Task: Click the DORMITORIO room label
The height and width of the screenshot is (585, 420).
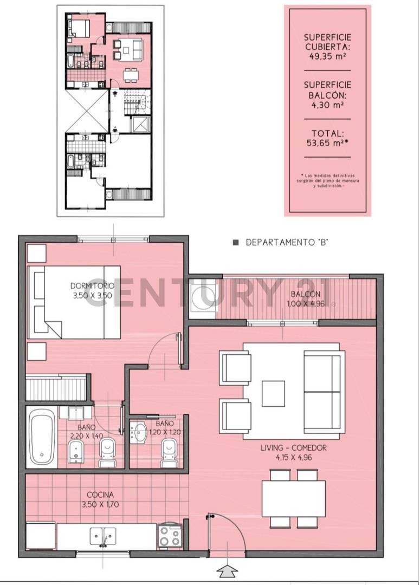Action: click(x=92, y=285)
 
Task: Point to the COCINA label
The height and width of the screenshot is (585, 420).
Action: click(x=100, y=495)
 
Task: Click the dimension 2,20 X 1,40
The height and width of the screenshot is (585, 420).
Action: click(x=89, y=435)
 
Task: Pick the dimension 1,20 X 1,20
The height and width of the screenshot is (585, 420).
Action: click(x=164, y=432)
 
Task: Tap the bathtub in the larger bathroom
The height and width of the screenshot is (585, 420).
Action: click(x=42, y=437)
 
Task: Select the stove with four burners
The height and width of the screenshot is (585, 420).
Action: click(x=170, y=536)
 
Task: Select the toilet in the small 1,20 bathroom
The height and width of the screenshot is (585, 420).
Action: click(x=170, y=451)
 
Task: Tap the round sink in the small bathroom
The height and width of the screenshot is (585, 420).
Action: click(x=140, y=432)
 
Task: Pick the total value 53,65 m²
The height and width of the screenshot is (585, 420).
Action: click(x=327, y=143)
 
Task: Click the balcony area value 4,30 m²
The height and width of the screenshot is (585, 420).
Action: click(x=327, y=105)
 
